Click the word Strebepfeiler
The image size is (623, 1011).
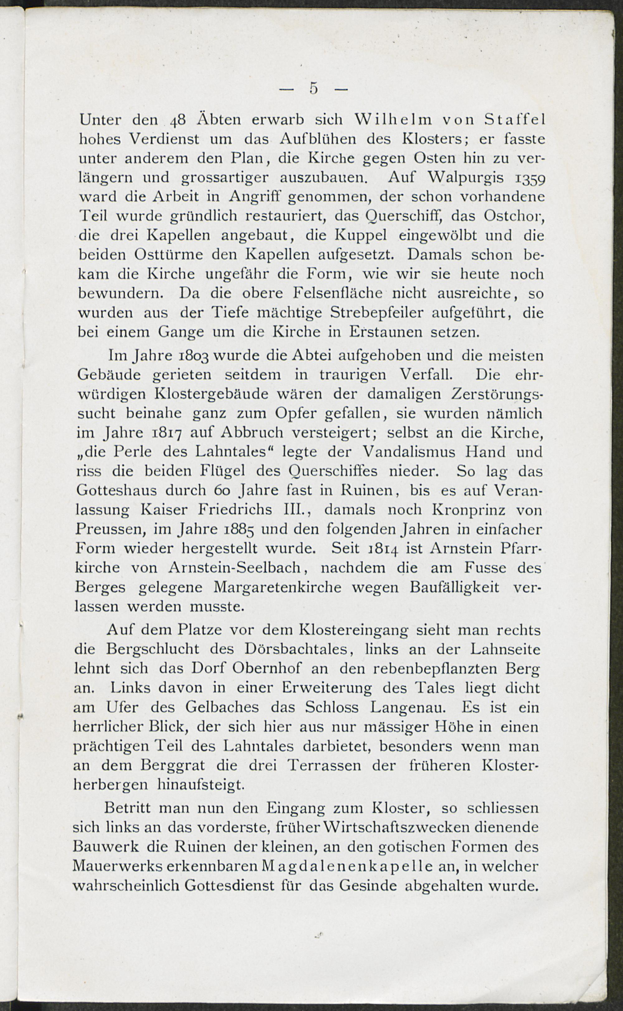pos(377,313)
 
